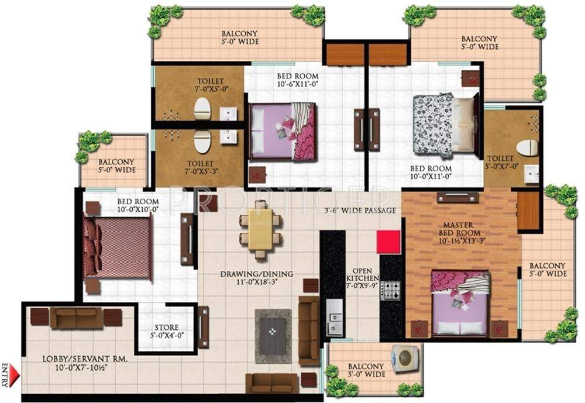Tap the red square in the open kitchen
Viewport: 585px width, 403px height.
[388, 242]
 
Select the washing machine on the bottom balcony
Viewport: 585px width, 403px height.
[404, 358]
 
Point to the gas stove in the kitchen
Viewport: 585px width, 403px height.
[390, 290]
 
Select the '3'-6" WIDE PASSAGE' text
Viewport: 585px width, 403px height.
[360, 210]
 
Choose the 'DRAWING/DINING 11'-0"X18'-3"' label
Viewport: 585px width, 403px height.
[257, 278]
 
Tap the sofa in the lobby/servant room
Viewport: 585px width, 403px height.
[76, 318]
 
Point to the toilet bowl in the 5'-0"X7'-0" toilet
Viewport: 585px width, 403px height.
[527, 147]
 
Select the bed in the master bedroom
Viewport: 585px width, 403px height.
[460, 304]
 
